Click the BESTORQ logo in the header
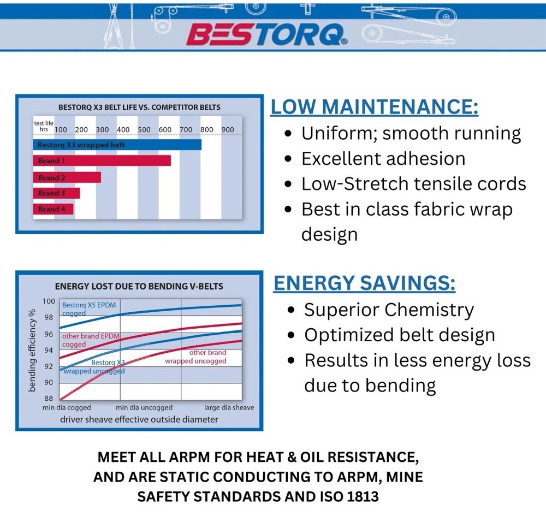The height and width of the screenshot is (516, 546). pyautogui.click(x=267, y=34)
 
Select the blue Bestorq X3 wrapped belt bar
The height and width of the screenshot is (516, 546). pyautogui.click(x=117, y=145)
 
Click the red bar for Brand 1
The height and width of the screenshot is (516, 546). pyautogui.click(x=102, y=161)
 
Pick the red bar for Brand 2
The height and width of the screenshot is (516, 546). pyautogui.click(x=67, y=177)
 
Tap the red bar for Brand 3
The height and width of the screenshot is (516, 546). pyautogui.click(x=56, y=193)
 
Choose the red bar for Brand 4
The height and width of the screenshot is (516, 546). pyautogui.click(x=54, y=209)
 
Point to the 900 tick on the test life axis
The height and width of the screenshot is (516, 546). pyautogui.click(x=228, y=129)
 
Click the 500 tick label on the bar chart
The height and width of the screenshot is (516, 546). pyautogui.click(x=144, y=129)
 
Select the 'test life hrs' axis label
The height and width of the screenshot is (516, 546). pyautogui.click(x=44, y=126)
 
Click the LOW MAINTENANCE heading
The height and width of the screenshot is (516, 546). pyautogui.click(x=375, y=106)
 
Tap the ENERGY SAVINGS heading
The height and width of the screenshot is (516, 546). pyautogui.click(x=364, y=283)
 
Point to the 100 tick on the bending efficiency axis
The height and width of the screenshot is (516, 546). pyautogui.click(x=49, y=301)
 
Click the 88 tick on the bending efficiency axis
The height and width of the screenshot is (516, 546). pyautogui.click(x=49, y=398)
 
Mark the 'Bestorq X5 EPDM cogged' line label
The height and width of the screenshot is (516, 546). pyautogui.click(x=89, y=309)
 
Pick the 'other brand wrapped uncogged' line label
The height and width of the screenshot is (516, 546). pyautogui.click(x=195, y=357)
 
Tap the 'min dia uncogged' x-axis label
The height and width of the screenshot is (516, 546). pyautogui.click(x=144, y=407)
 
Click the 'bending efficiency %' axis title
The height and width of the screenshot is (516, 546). pyautogui.click(x=32, y=350)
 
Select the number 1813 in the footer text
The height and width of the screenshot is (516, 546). pyautogui.click(x=363, y=496)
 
